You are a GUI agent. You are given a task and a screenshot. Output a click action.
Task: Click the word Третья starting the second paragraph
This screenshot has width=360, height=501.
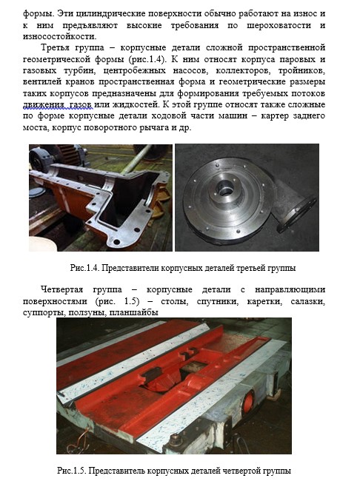tap(55, 47)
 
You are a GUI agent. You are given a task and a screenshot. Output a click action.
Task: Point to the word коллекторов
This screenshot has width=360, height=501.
tap(243, 70)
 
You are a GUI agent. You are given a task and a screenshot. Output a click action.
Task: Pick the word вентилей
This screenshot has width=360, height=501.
tap(42, 82)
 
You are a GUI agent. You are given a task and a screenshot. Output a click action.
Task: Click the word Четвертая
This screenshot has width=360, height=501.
tap(61, 289)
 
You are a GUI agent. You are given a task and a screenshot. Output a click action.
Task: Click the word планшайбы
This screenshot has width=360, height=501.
tap(133, 312)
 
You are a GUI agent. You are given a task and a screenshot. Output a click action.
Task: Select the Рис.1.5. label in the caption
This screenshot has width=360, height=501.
tap(71, 471)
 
